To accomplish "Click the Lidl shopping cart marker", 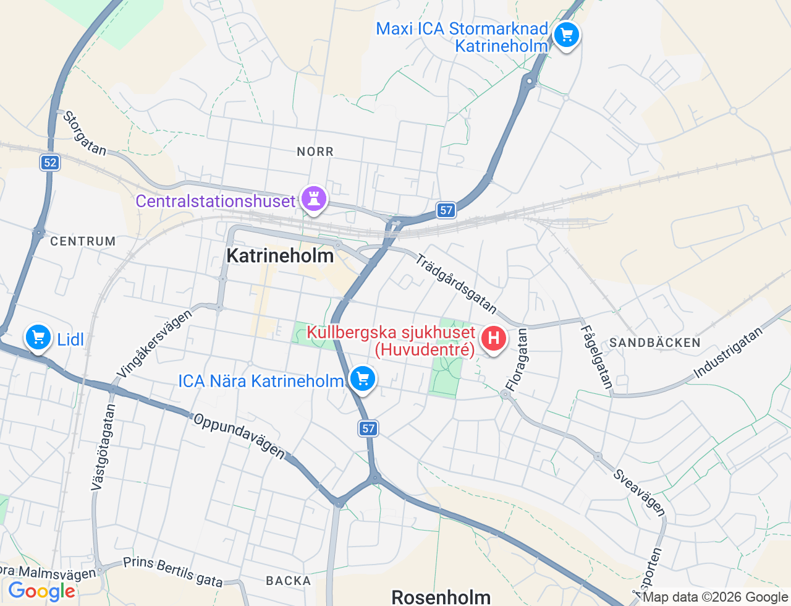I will [38, 338].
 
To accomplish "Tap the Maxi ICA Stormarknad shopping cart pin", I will [566, 35].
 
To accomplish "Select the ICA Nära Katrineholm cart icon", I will [363, 378].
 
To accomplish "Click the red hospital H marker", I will [493, 338].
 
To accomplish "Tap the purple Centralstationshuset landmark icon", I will [314, 199].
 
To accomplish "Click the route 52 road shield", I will [50, 163].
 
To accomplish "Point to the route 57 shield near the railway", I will [446, 210].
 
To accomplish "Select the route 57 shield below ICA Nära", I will [368, 428].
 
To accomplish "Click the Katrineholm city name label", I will [280, 255].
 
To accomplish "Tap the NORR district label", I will [315, 151].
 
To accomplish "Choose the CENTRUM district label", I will [83, 241].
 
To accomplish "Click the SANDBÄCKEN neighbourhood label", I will [655, 343].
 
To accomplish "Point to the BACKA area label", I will [289, 581].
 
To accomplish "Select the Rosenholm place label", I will [441, 597].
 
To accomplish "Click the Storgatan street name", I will [85, 133].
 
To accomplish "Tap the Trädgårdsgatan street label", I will [456, 284].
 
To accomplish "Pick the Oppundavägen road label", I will [239, 436].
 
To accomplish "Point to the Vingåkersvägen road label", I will [154, 343].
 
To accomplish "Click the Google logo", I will [41, 591].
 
